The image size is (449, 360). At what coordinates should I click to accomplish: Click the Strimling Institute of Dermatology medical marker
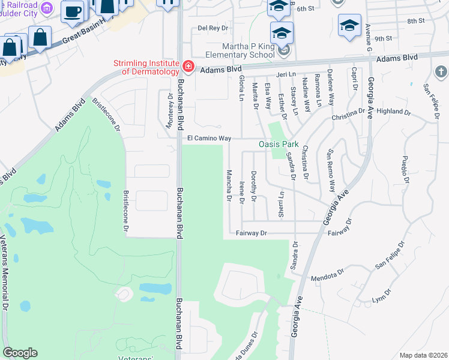click(188, 66)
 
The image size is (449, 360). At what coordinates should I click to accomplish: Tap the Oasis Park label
click(279, 145)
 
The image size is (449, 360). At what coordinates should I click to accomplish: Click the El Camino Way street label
click(209, 138)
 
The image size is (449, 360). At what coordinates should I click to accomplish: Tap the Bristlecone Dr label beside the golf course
click(126, 211)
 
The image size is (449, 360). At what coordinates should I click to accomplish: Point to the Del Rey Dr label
click(213, 28)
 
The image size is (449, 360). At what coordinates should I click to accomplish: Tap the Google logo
click(20, 353)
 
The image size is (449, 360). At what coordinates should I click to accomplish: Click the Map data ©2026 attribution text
click(423, 355)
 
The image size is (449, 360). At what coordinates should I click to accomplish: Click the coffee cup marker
click(73, 11)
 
